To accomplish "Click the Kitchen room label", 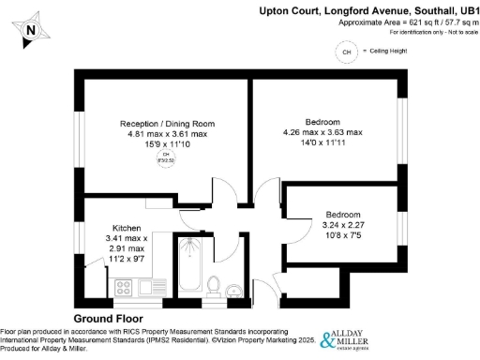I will pyautogui.click(x=127, y=229).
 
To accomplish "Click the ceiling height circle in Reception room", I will pyautogui.click(x=167, y=157).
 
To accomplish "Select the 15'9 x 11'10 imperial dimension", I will pyautogui.click(x=167, y=145).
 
